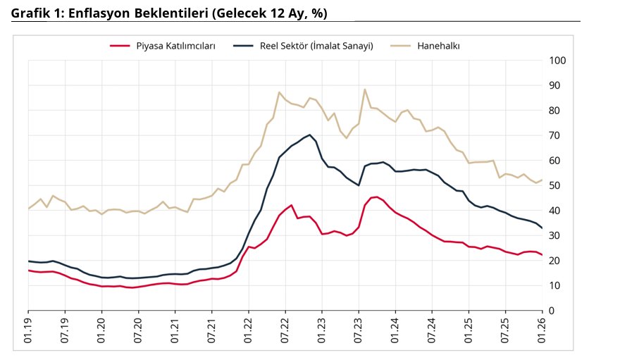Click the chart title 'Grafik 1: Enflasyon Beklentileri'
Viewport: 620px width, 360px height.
169,13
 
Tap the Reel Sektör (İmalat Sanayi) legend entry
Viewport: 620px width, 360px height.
312,46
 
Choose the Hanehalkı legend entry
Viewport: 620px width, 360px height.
438,46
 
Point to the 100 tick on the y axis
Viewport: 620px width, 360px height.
557,61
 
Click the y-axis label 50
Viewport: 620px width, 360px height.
555,186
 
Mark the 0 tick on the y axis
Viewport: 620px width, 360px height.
552,311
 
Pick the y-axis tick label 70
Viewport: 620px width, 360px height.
555,135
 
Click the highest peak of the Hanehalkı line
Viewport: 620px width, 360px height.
365,89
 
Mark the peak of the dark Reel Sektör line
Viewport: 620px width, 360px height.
310,135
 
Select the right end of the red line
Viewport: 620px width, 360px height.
542,255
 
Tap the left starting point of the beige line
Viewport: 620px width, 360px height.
29,209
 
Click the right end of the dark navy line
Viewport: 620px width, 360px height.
542,228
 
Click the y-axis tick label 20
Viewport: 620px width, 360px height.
555,261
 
